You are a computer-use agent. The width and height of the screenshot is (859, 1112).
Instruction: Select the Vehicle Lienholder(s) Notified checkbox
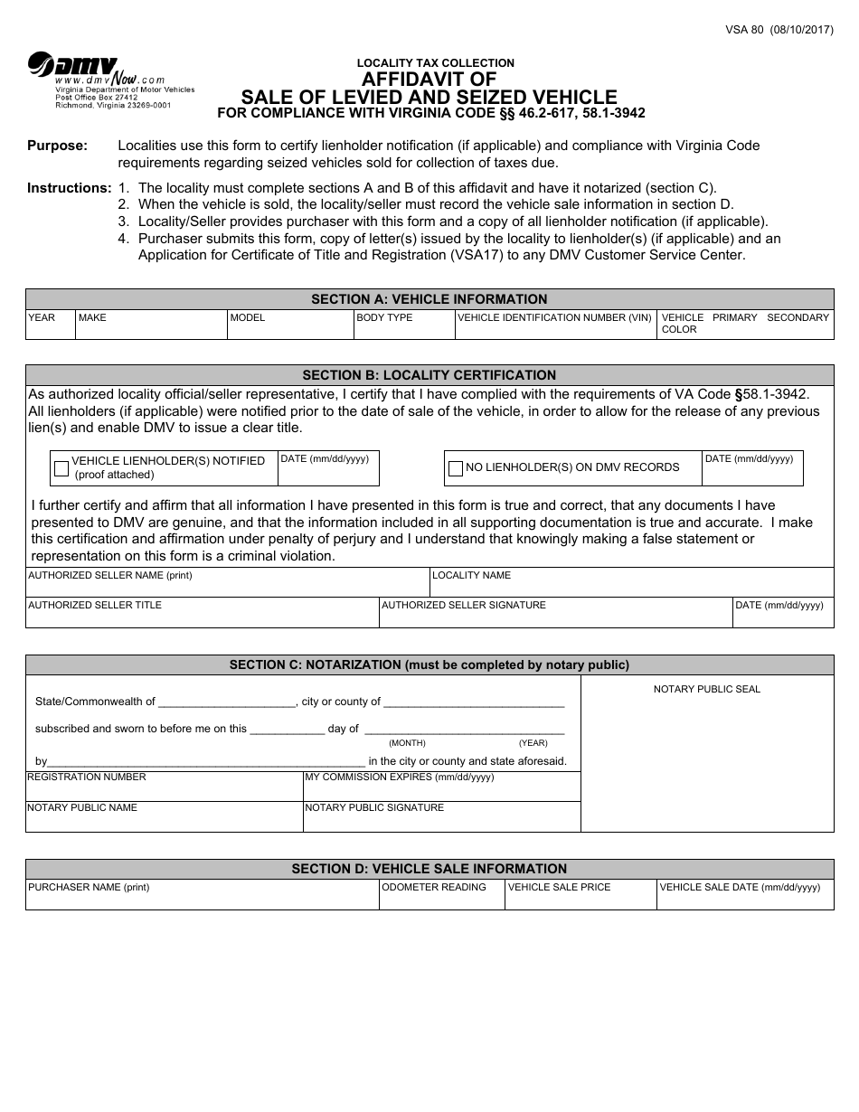[61, 468]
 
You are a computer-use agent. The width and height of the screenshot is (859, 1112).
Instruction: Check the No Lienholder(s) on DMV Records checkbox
[456, 468]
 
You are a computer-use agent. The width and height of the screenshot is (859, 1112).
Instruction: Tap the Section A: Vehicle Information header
[429, 299]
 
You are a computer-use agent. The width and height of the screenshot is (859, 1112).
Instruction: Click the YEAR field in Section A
[50, 327]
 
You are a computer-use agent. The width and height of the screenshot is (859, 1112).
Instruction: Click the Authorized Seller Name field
[227, 584]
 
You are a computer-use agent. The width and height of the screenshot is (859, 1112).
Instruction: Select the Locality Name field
[630, 584]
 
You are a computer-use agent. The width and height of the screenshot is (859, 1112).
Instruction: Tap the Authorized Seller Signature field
[554, 615]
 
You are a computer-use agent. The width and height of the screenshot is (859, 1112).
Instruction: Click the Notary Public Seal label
[707, 689]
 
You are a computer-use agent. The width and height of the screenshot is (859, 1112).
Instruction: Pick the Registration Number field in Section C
[164, 789]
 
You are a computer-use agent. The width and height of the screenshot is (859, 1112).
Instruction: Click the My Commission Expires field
[441, 789]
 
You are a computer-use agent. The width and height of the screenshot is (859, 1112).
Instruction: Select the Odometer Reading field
[441, 898]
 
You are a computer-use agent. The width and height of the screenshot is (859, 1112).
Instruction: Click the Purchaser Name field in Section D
[202, 898]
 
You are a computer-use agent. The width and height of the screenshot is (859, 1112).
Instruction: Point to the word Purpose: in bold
[58, 146]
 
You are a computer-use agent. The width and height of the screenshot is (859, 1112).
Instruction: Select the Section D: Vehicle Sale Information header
[429, 869]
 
